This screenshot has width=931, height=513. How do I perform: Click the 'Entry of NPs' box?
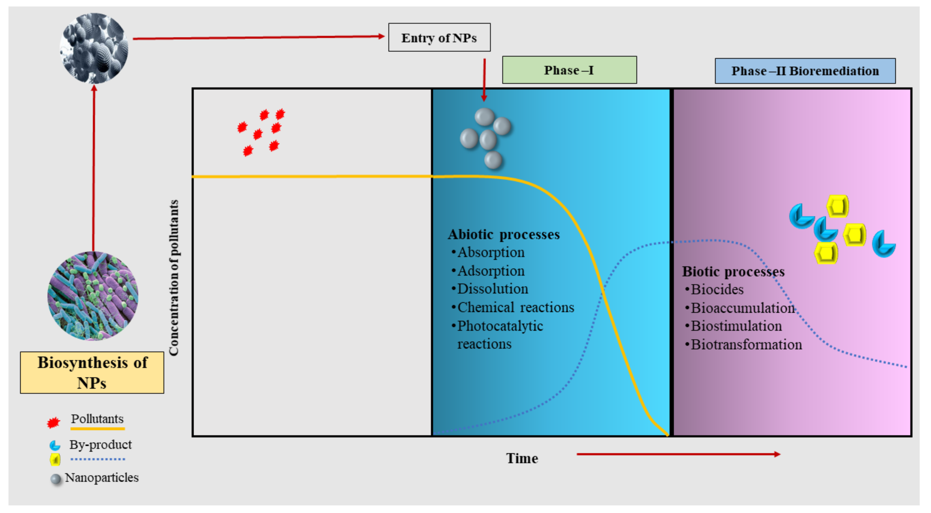[x=439, y=38]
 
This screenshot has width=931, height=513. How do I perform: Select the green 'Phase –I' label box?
[x=569, y=70]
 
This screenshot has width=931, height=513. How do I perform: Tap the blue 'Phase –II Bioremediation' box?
[x=805, y=71]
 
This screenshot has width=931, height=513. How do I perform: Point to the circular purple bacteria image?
[x=93, y=296]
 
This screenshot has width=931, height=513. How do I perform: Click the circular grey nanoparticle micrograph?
[x=94, y=48]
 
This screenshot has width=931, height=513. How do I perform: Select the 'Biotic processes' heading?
[x=733, y=272]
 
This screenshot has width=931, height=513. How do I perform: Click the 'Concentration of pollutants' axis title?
[x=174, y=278]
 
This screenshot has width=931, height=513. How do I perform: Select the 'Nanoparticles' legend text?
[x=102, y=478]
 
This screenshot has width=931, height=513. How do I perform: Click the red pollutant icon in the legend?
[x=54, y=422]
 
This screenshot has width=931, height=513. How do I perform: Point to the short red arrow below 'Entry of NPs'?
[x=484, y=79]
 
